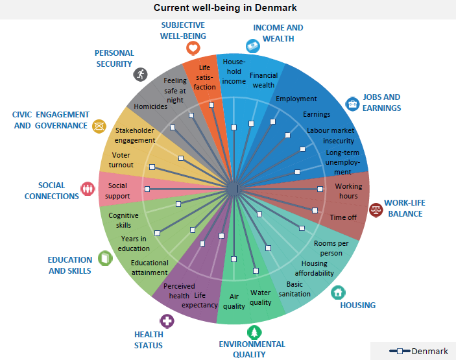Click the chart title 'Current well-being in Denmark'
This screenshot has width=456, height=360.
tap(225, 8)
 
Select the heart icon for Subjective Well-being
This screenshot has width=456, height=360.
tap(192, 48)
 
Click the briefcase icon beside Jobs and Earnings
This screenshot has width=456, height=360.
tap(352, 103)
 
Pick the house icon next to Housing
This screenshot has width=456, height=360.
tap(337, 293)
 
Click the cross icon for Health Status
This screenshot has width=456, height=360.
tap(167, 320)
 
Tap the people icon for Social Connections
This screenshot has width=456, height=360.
tap(88, 188)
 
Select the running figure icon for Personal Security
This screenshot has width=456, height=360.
tap(140, 74)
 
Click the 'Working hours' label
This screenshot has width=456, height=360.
tap(348, 191)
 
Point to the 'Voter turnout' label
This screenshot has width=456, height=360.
tap(121, 160)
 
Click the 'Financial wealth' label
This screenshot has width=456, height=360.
tap(263, 80)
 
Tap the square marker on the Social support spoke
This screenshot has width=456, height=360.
tap(148, 189)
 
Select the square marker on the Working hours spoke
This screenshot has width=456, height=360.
tap(320, 189)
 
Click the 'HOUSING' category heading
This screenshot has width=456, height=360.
tap(357, 306)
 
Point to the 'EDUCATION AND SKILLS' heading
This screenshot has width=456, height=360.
tap(69, 265)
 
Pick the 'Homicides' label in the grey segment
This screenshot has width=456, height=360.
tap(150, 106)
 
